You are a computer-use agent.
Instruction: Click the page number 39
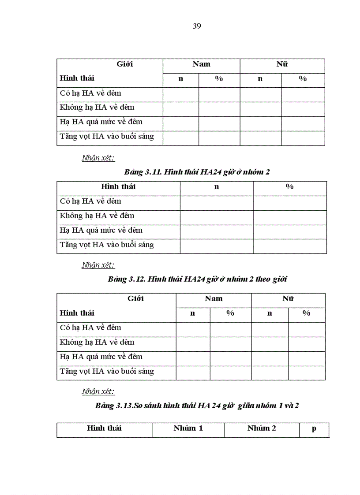pos(197,26)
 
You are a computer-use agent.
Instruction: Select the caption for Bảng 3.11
pos(197,172)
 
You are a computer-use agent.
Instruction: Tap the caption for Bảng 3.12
pos(198,279)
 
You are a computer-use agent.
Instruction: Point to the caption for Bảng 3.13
pos(197,406)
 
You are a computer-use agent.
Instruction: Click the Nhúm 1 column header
pos(188,428)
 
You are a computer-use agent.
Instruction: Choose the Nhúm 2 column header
pos(262,428)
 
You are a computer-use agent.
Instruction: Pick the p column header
pos(314,428)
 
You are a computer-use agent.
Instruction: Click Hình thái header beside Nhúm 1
pos(104,428)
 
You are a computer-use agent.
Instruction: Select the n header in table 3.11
pos(217,187)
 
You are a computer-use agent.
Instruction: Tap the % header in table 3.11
pos(290,187)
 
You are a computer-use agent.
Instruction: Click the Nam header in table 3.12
pos(214,299)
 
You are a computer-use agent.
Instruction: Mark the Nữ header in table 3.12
pos(288,299)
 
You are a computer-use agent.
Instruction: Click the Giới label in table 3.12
pos(135,299)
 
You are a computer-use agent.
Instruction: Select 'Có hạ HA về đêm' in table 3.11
pos(90,201)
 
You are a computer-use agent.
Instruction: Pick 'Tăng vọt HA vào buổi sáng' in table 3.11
pos(107,245)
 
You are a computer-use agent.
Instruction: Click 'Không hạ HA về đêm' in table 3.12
pos(97,342)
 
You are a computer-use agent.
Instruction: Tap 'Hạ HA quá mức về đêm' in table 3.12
pos(101,357)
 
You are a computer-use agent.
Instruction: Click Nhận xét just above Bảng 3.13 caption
pos(98,391)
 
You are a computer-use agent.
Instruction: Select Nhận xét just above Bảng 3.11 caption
pos(98,158)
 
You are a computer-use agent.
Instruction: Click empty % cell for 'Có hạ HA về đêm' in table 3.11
pos(290,203)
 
